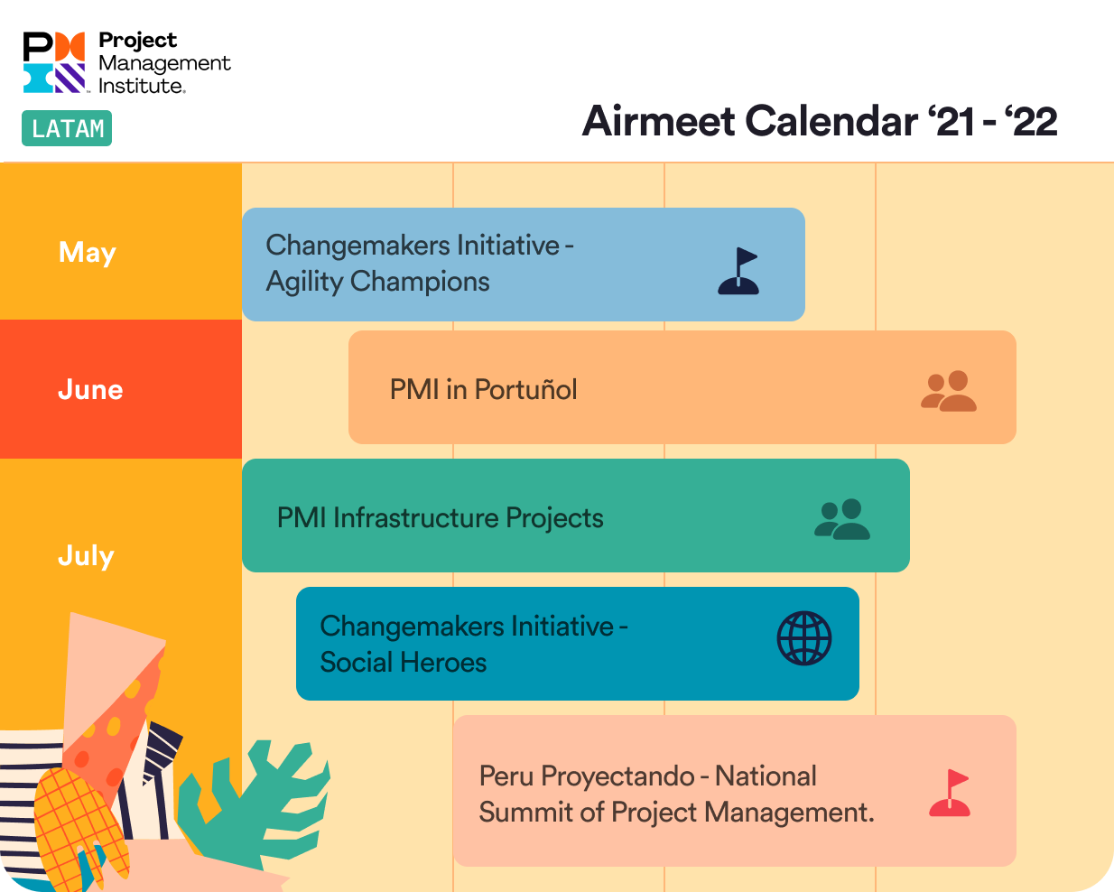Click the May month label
pos(88,252)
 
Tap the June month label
pos(90,389)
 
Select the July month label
pos(86,555)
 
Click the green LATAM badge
pos(67,128)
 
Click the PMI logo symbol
pos(54,62)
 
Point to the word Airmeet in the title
pos(659,121)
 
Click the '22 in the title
pos(1031,121)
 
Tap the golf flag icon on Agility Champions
pos(738,272)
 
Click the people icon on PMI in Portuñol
pos(948,392)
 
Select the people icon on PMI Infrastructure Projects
pos(841,520)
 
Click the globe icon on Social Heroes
pos(804,638)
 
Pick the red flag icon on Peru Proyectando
pos(950,794)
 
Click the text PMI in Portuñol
pos(483,389)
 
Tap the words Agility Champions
pos(377,282)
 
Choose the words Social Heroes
pos(403,663)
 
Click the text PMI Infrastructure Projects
pos(440,518)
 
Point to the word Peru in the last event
pos(507,776)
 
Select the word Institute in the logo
pos(141,86)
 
